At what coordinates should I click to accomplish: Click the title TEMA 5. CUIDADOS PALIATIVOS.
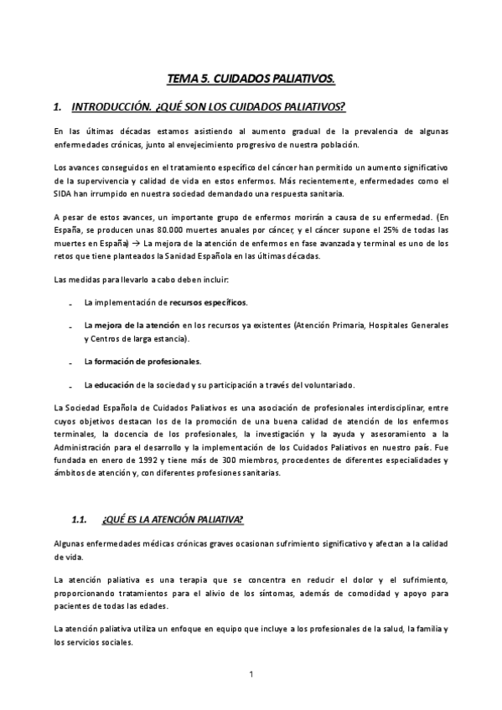click(251, 79)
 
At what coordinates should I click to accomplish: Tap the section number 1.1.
click(80, 520)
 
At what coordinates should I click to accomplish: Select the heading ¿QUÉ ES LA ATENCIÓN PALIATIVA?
click(172, 520)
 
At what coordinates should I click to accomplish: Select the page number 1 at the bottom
click(251, 672)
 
